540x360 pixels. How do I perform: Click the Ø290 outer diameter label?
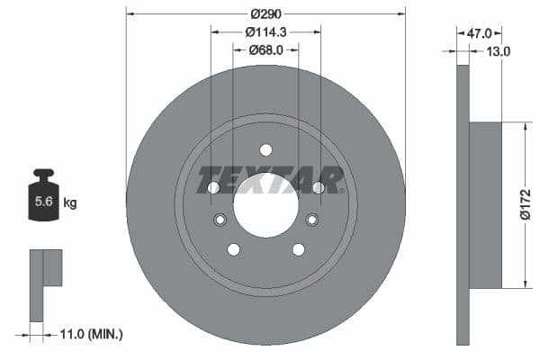(265, 13)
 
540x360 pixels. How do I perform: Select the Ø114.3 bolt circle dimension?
(265, 31)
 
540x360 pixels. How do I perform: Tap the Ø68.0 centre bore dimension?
(265, 50)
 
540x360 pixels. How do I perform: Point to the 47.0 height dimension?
(478, 32)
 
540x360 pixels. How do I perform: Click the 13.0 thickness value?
(498, 51)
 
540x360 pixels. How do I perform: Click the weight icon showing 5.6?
(43, 199)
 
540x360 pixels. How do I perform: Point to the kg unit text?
(70, 203)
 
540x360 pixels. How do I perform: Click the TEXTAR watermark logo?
(271, 178)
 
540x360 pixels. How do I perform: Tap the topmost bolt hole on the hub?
(265, 150)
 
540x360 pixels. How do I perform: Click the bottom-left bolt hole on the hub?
(234, 249)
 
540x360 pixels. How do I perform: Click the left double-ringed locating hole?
(219, 220)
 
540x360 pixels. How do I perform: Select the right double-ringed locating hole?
(312, 220)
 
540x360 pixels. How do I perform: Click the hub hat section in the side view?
(484, 205)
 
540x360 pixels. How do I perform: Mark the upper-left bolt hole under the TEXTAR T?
(213, 187)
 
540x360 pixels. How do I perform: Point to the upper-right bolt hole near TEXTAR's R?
(318, 187)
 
